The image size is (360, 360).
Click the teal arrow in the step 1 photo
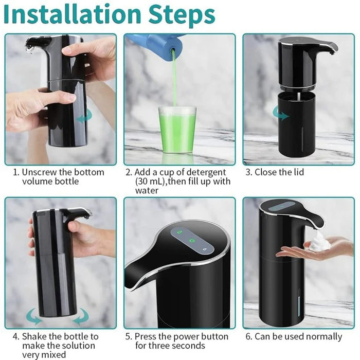coord(84,118)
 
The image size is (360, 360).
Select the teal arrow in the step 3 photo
coord(281,115)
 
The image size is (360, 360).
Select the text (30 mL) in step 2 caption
coord(152,182)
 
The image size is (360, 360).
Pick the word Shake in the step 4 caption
coord(34,336)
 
